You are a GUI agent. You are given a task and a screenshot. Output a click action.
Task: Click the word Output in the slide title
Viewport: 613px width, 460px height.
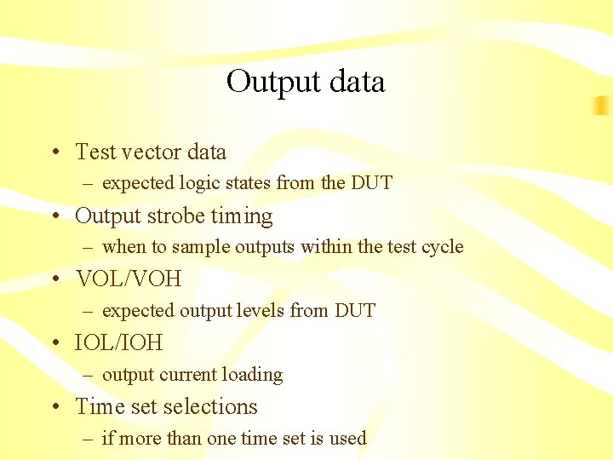click(268, 82)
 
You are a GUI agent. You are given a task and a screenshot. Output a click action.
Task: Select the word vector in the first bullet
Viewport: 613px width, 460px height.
click(152, 152)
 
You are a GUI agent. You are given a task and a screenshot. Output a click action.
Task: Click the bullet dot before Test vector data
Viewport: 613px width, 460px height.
click(54, 152)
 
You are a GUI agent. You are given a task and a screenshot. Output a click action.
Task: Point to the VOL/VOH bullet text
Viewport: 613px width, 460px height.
click(129, 279)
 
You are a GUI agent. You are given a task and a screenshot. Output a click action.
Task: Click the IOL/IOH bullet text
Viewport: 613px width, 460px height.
click(118, 343)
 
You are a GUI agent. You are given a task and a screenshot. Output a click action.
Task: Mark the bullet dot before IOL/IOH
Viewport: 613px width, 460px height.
click(54, 344)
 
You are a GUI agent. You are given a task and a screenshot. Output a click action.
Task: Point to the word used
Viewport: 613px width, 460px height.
click(348, 439)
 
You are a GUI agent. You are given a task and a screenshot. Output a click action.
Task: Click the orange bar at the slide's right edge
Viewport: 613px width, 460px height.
click(603, 106)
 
